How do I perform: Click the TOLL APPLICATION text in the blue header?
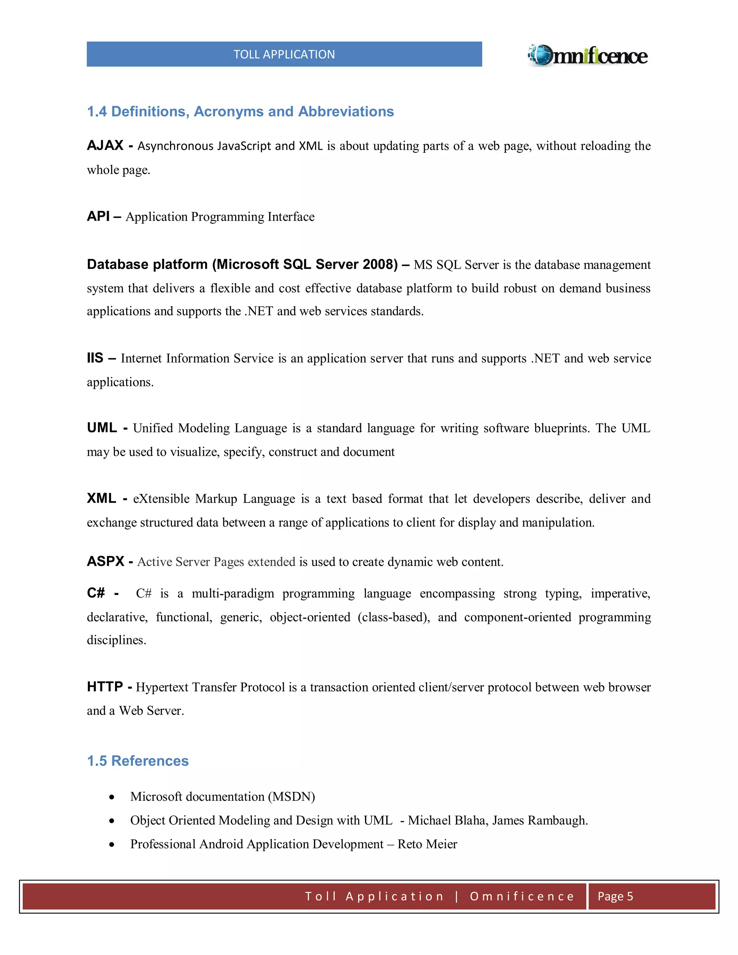pos(284,54)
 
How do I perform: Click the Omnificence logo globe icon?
pos(541,55)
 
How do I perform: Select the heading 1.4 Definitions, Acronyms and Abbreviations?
pos(240,111)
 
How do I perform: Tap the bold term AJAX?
pos(105,145)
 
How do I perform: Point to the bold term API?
pos(98,216)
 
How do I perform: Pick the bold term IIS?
pos(95,358)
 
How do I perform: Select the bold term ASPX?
pos(105,561)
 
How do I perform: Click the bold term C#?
pos(96,593)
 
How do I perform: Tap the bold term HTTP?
pos(105,687)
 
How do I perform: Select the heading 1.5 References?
pos(138,761)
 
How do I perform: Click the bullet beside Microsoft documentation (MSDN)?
pos(112,797)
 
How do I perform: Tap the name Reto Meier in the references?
pos(427,844)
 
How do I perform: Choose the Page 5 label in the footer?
pos(615,896)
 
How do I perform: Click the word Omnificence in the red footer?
pos(522,896)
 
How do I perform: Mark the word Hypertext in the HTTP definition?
pos(162,687)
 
